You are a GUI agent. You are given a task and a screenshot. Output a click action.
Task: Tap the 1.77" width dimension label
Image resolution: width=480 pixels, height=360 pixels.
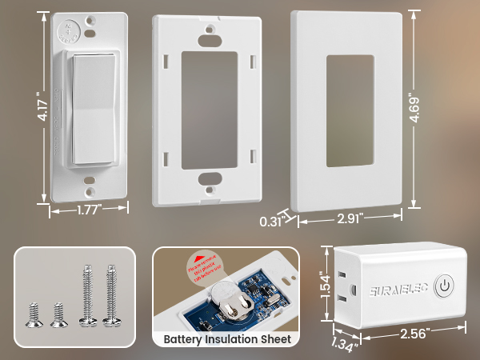click(89, 211)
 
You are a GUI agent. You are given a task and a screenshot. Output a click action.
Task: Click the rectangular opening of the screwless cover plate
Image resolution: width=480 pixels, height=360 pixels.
click(349, 110)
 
